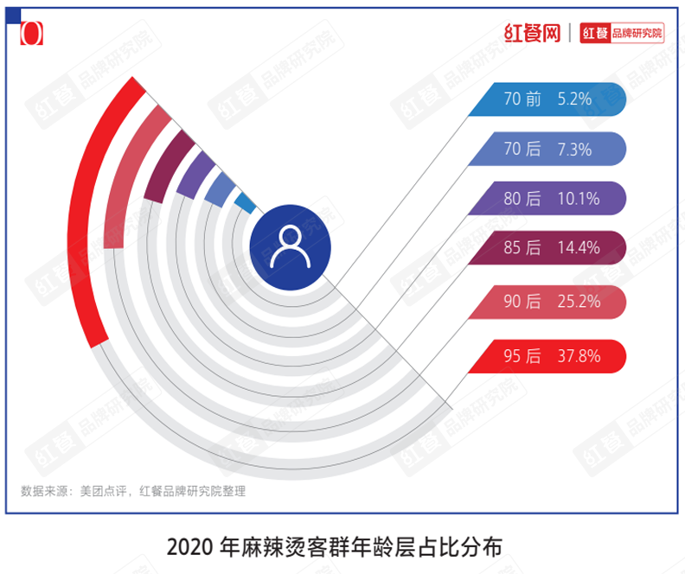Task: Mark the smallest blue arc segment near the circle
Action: [x=245, y=203]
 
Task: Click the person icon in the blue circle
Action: [x=289, y=246]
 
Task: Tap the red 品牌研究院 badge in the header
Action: [x=622, y=34]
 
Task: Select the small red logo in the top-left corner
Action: [x=31, y=33]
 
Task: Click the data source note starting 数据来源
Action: [x=133, y=491]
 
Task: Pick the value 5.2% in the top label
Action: [x=574, y=99]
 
